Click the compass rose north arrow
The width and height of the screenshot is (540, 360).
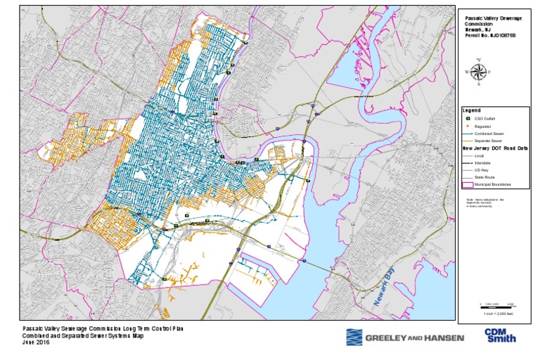coord(479,70)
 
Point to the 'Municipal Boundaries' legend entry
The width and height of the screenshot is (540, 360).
coord(491,184)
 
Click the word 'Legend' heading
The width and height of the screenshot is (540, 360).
coord(471,110)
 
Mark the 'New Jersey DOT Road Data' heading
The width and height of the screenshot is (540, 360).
coord(495,148)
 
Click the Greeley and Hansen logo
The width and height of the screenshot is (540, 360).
coord(404,338)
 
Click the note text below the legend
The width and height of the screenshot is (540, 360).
coord(489,203)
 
